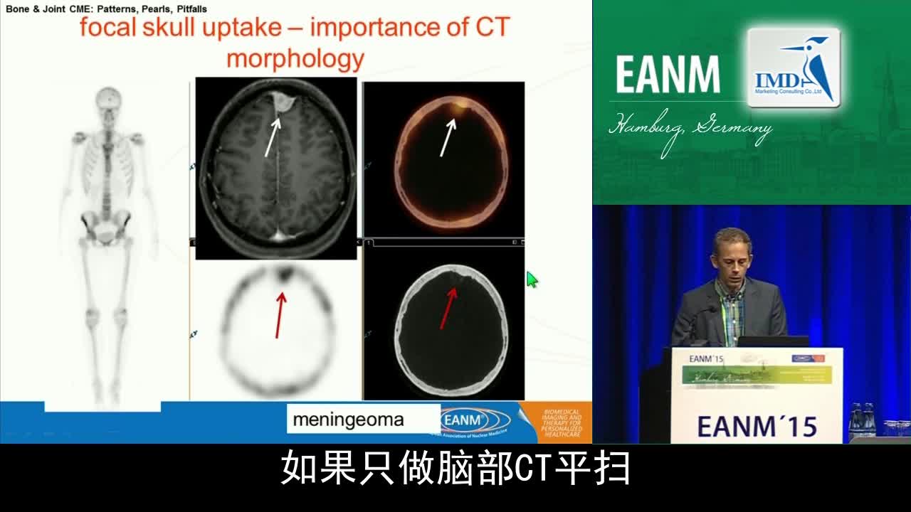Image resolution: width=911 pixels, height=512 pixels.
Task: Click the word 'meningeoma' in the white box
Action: point(348,420)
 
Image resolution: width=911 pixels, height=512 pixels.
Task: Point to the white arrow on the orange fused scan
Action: point(447,137)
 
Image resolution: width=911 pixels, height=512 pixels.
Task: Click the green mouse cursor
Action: point(532,279)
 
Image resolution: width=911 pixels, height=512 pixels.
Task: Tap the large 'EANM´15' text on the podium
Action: point(757,426)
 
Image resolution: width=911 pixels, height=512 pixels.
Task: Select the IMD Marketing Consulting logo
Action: point(794,68)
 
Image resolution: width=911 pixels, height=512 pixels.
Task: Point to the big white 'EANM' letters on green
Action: point(667,75)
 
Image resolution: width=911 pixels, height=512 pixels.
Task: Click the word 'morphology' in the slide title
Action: point(295,58)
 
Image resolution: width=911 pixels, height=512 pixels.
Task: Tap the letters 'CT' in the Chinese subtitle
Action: point(535,469)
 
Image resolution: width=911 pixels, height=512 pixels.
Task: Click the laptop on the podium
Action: point(772,341)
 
